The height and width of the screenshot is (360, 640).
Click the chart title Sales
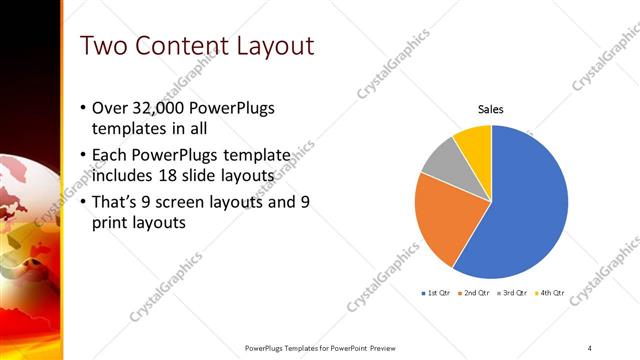click(490, 108)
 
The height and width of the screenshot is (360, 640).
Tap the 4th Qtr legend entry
click(550, 293)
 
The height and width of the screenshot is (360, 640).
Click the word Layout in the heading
click(269, 46)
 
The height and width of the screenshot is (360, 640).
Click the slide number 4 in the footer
click(590, 347)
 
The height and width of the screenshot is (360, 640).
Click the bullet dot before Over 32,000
click(81, 108)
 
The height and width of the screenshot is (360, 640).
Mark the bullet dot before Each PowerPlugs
click(81, 156)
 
